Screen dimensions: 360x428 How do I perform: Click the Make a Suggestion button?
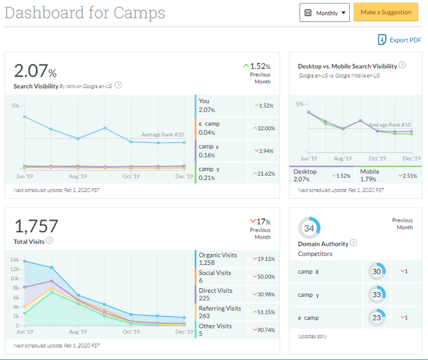(x=386, y=13)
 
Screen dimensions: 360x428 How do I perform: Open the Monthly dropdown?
(x=325, y=13)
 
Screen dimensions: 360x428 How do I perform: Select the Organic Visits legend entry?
(x=217, y=258)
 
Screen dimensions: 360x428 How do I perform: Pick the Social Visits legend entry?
(x=215, y=276)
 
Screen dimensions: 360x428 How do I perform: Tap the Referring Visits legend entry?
(x=220, y=312)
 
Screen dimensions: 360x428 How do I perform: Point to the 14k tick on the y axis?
(x=15, y=260)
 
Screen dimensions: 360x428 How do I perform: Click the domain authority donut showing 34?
(x=309, y=228)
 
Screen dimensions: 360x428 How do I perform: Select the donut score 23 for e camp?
(x=377, y=317)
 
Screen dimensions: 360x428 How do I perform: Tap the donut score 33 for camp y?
(x=377, y=294)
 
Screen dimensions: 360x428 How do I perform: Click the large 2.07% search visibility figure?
(x=35, y=72)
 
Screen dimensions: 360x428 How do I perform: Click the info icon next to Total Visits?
(x=50, y=241)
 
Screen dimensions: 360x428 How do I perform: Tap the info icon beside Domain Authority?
(x=353, y=243)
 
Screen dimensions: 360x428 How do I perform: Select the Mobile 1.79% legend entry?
(x=369, y=175)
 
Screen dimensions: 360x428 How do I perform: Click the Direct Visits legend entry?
(x=216, y=294)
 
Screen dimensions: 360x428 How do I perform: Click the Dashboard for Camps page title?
(x=85, y=13)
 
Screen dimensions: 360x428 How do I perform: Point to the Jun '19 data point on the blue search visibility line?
(x=25, y=116)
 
